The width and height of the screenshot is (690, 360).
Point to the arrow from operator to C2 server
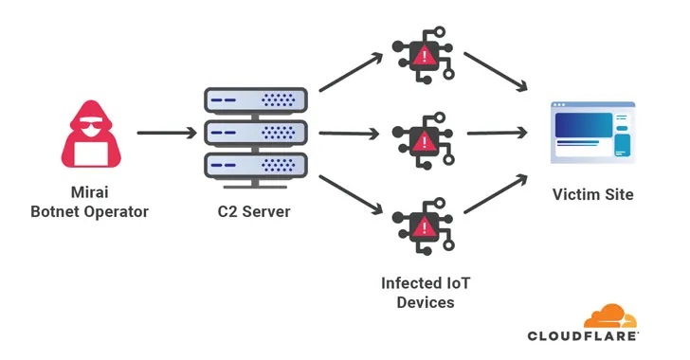[164, 133]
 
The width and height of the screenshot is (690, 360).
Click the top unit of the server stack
[256, 99]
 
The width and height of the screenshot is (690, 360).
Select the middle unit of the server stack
[256, 133]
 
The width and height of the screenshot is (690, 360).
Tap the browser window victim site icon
[592, 133]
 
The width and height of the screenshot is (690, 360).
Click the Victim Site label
[592, 195]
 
